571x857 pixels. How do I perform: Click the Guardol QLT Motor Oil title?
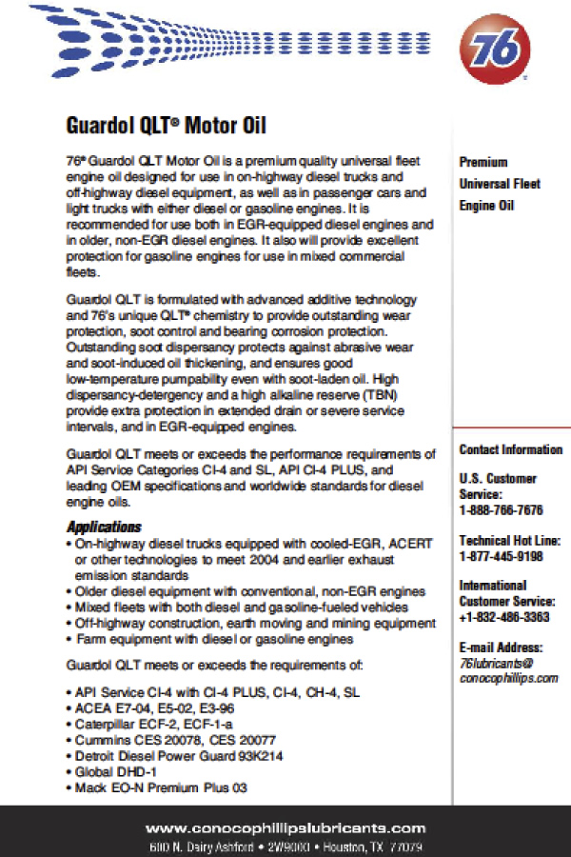[166, 125]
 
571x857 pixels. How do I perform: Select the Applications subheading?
[104, 527]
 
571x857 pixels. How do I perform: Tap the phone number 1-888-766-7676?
[501, 510]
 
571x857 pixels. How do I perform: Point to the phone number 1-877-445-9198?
[501, 556]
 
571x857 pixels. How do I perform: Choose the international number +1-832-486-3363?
[504, 617]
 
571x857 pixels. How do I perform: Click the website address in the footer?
[285, 828]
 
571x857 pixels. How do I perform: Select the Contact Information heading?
[511, 449]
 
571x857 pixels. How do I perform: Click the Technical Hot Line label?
[510, 541]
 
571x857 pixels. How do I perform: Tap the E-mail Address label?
[499, 647]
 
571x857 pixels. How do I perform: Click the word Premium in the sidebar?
[483, 162]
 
